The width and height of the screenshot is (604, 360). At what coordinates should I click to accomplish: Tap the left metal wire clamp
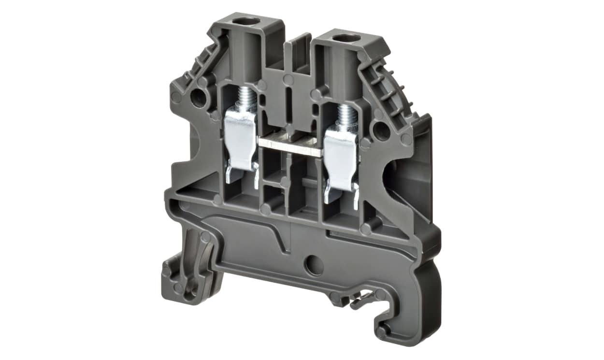[x=240, y=138]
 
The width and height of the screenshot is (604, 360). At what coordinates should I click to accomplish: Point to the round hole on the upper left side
[x=198, y=98]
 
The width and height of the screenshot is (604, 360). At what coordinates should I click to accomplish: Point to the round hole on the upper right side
[x=382, y=130]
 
